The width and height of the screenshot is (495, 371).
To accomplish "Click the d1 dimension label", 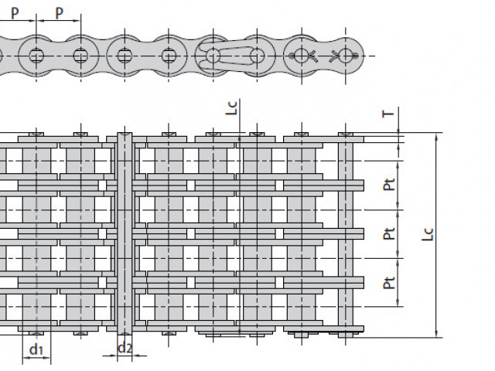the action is click(x=36, y=349).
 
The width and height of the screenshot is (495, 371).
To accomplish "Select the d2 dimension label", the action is click(x=125, y=348).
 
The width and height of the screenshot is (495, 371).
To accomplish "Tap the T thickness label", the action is click(x=388, y=114).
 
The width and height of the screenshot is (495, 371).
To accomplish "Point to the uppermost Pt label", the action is click(x=389, y=185).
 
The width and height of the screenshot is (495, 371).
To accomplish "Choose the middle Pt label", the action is click(x=389, y=233).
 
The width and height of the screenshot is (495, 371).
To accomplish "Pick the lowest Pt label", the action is click(x=389, y=283).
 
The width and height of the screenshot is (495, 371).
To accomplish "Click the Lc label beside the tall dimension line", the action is click(x=428, y=235).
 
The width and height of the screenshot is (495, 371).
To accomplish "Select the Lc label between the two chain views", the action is click(x=231, y=108).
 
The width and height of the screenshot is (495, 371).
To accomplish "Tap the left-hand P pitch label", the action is click(x=15, y=13).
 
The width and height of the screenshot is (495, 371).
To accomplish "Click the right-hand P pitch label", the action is click(x=59, y=13).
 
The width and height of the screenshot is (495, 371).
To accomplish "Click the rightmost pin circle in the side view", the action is click(x=346, y=56).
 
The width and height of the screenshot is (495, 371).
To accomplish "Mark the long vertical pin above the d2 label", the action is click(x=125, y=233).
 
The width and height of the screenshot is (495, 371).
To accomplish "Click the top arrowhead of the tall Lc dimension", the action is click(x=436, y=136).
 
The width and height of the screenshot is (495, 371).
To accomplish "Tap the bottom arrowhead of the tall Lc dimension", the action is click(x=436, y=334).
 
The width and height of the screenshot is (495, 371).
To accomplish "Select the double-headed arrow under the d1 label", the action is click(x=36, y=358).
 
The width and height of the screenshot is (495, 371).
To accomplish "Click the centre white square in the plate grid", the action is click(x=191, y=234).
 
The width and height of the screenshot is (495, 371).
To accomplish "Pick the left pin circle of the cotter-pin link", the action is click(x=302, y=56).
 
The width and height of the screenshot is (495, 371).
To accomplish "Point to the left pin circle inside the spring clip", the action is click(x=213, y=56).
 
